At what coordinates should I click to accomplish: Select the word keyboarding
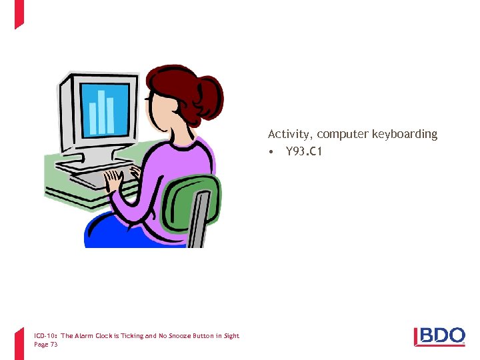coord(406,135)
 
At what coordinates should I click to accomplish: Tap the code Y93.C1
coord(304,152)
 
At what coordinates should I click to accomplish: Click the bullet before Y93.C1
coord(271,152)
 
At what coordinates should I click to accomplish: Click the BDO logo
coord(440,337)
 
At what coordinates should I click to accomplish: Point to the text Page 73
coord(46,345)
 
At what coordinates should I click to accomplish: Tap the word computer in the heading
coord(343,135)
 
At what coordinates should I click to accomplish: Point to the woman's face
coord(160,110)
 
